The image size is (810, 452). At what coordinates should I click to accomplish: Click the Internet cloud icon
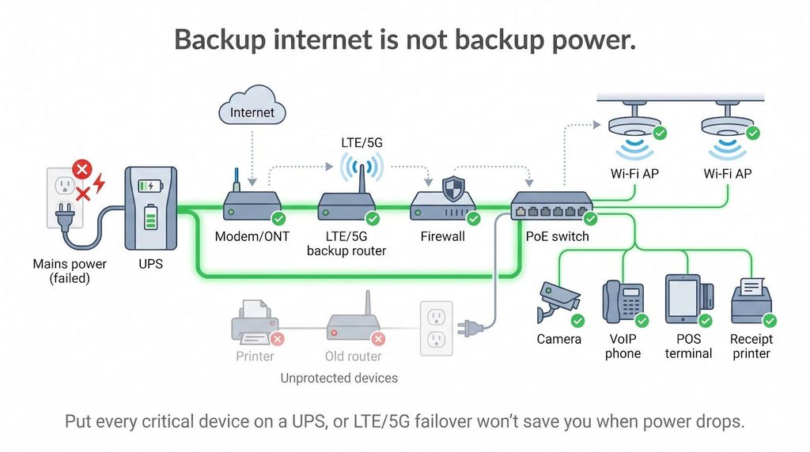(x=252, y=105)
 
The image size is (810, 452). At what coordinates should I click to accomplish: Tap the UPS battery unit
(x=151, y=208)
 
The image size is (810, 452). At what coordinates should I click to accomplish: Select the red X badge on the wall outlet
(x=81, y=169)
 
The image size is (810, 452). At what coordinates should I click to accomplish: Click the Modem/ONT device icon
(x=252, y=204)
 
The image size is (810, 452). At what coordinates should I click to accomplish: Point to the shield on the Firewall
(x=453, y=189)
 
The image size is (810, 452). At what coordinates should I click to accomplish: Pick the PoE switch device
(x=551, y=206)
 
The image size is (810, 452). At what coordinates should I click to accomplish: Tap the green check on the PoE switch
(x=590, y=219)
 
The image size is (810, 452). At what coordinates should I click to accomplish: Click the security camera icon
(x=558, y=302)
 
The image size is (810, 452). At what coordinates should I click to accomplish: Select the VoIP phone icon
(x=623, y=301)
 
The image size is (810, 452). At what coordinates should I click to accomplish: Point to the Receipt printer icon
(x=751, y=300)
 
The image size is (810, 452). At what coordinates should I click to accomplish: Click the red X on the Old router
(x=378, y=338)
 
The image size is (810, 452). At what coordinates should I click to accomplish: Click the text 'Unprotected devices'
(x=339, y=379)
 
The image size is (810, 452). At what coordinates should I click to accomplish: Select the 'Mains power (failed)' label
(x=70, y=271)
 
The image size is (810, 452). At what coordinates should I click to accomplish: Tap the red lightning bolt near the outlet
(x=99, y=183)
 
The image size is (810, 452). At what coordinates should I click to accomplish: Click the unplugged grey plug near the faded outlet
(x=470, y=328)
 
